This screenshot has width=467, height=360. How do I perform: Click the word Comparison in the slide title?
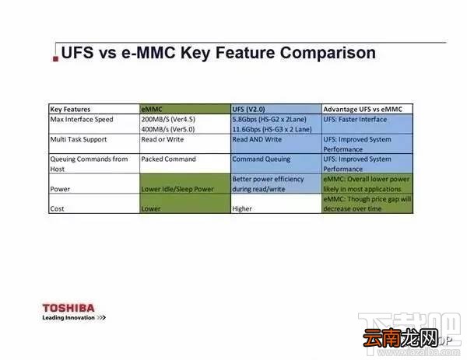pyautogui.click(x=328, y=53)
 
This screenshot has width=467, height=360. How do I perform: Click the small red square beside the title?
pyautogui.click(x=56, y=58)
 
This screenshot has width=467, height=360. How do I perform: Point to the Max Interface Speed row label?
pyautogui.click(x=82, y=119)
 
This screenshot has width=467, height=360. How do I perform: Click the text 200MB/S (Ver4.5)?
pyautogui.click(x=168, y=119)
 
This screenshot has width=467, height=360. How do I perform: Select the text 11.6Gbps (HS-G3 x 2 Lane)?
pyautogui.click(x=272, y=129)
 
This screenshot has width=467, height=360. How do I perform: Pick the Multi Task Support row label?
pyautogui.click(x=79, y=139)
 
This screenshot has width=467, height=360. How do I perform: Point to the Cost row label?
pyautogui.click(x=57, y=208)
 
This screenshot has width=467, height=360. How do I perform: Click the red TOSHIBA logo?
pyautogui.click(x=68, y=308)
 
